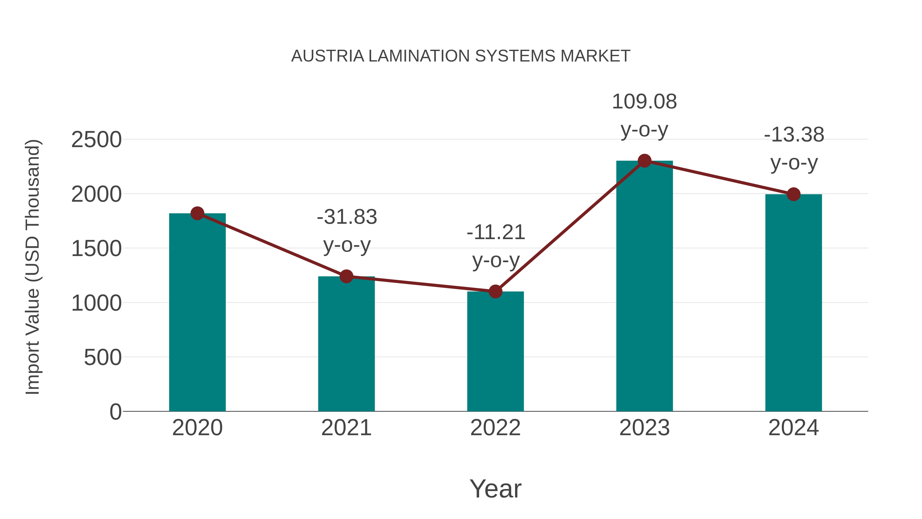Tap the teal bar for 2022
coord(495,353)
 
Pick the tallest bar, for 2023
coord(644,287)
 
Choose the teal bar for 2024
coord(793,304)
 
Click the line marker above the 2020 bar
coord(197,213)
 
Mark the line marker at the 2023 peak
coord(644,161)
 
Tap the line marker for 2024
coord(793,194)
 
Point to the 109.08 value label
coord(644,102)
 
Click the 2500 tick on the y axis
coord(96,140)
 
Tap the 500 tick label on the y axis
coord(102,358)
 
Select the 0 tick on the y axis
coord(115,412)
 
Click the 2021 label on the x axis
coord(346,428)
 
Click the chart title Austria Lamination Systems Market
coord(461,56)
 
